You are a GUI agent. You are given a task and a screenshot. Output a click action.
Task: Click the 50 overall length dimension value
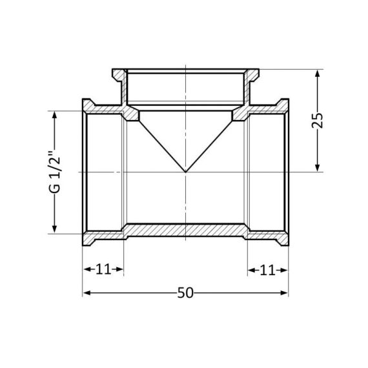tap(185, 293)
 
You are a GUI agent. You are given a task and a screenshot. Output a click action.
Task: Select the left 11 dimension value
tap(103, 270)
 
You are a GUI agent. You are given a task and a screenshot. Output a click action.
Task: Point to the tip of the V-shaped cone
tap(185, 172)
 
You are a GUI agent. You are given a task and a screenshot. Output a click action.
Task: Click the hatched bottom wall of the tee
tap(185, 229)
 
